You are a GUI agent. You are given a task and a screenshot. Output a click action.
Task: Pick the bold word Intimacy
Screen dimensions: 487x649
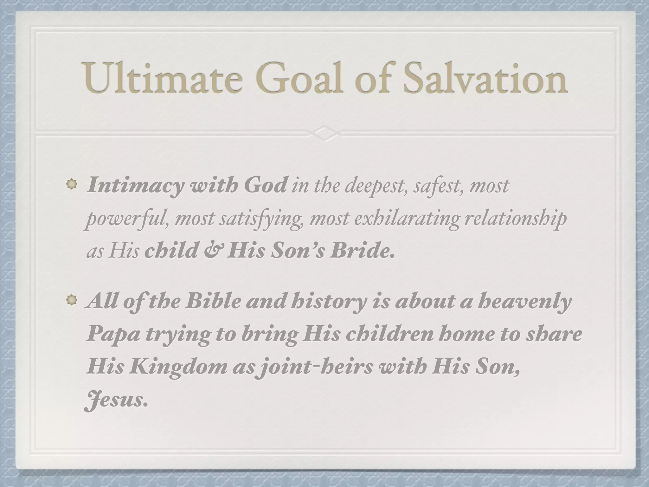(x=135, y=185)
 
